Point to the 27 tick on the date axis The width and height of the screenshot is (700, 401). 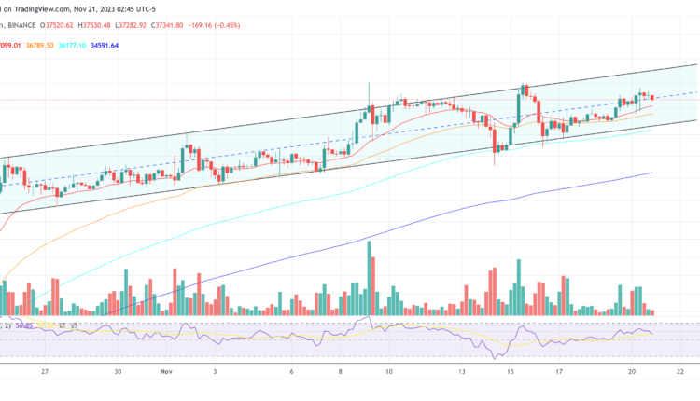click(x=45, y=370)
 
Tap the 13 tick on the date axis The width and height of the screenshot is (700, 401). click(x=462, y=370)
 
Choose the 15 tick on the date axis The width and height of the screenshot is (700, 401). click(x=511, y=370)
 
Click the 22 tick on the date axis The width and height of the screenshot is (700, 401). click(x=681, y=370)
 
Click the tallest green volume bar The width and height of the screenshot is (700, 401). click(x=369, y=278)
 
